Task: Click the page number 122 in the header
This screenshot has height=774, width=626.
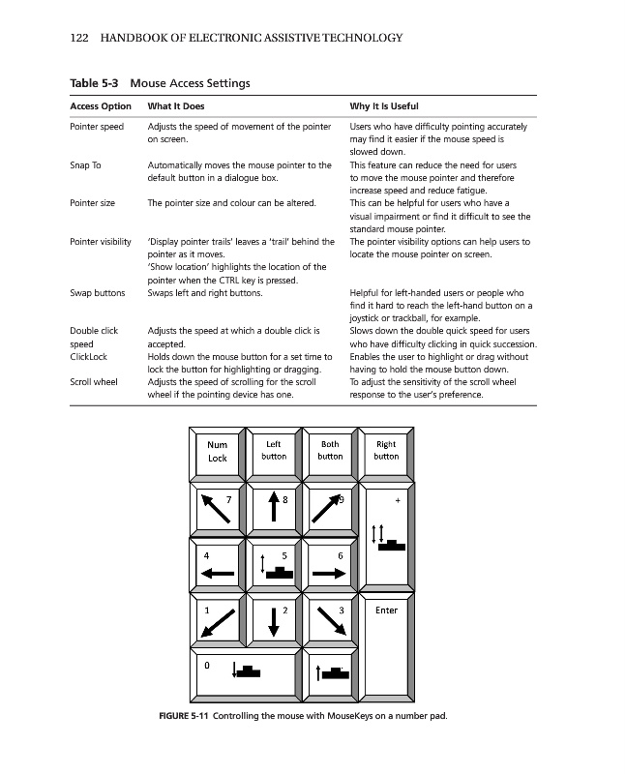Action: [x=79, y=39]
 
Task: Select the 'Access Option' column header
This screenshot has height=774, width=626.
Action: [x=101, y=105]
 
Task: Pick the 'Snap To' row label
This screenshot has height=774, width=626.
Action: [x=85, y=165]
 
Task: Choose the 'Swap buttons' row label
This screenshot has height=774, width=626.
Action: [x=97, y=291]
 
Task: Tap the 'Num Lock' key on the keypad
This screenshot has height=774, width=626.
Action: [x=218, y=452]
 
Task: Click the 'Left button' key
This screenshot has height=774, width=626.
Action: [x=274, y=450]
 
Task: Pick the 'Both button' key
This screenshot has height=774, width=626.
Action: [x=330, y=450]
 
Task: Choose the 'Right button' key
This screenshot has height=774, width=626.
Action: [x=386, y=450]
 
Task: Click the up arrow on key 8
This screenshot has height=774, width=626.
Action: [x=274, y=511]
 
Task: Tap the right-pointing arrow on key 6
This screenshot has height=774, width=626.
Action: [x=329, y=573]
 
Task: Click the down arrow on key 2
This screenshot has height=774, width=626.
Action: [x=274, y=622]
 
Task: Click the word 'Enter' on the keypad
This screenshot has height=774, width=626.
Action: [x=386, y=610]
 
